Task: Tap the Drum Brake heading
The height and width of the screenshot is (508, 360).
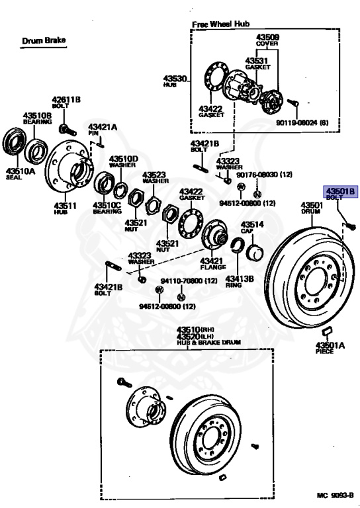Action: (44, 40)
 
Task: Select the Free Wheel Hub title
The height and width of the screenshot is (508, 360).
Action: (220, 24)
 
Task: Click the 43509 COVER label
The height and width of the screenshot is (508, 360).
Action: (267, 40)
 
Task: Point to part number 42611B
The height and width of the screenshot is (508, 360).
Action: (66, 99)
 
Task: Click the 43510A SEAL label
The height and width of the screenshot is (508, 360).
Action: (20, 174)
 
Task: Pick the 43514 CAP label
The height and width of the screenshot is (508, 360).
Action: (252, 227)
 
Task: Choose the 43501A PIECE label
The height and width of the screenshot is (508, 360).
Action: (330, 348)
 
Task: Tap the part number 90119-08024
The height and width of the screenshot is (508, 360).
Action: (296, 123)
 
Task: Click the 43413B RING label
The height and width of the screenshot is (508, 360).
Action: (240, 282)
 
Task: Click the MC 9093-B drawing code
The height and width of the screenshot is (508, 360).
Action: (335, 495)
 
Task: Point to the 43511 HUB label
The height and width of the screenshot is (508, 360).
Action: (65, 208)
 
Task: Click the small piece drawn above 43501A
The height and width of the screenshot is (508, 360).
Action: (327, 331)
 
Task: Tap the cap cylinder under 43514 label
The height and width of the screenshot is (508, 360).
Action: (254, 252)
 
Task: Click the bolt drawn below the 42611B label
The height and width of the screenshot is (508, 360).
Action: (67, 130)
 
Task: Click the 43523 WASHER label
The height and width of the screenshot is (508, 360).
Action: (156, 177)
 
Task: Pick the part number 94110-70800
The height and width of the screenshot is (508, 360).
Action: (189, 280)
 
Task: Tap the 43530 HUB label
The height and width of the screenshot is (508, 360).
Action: (175, 81)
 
